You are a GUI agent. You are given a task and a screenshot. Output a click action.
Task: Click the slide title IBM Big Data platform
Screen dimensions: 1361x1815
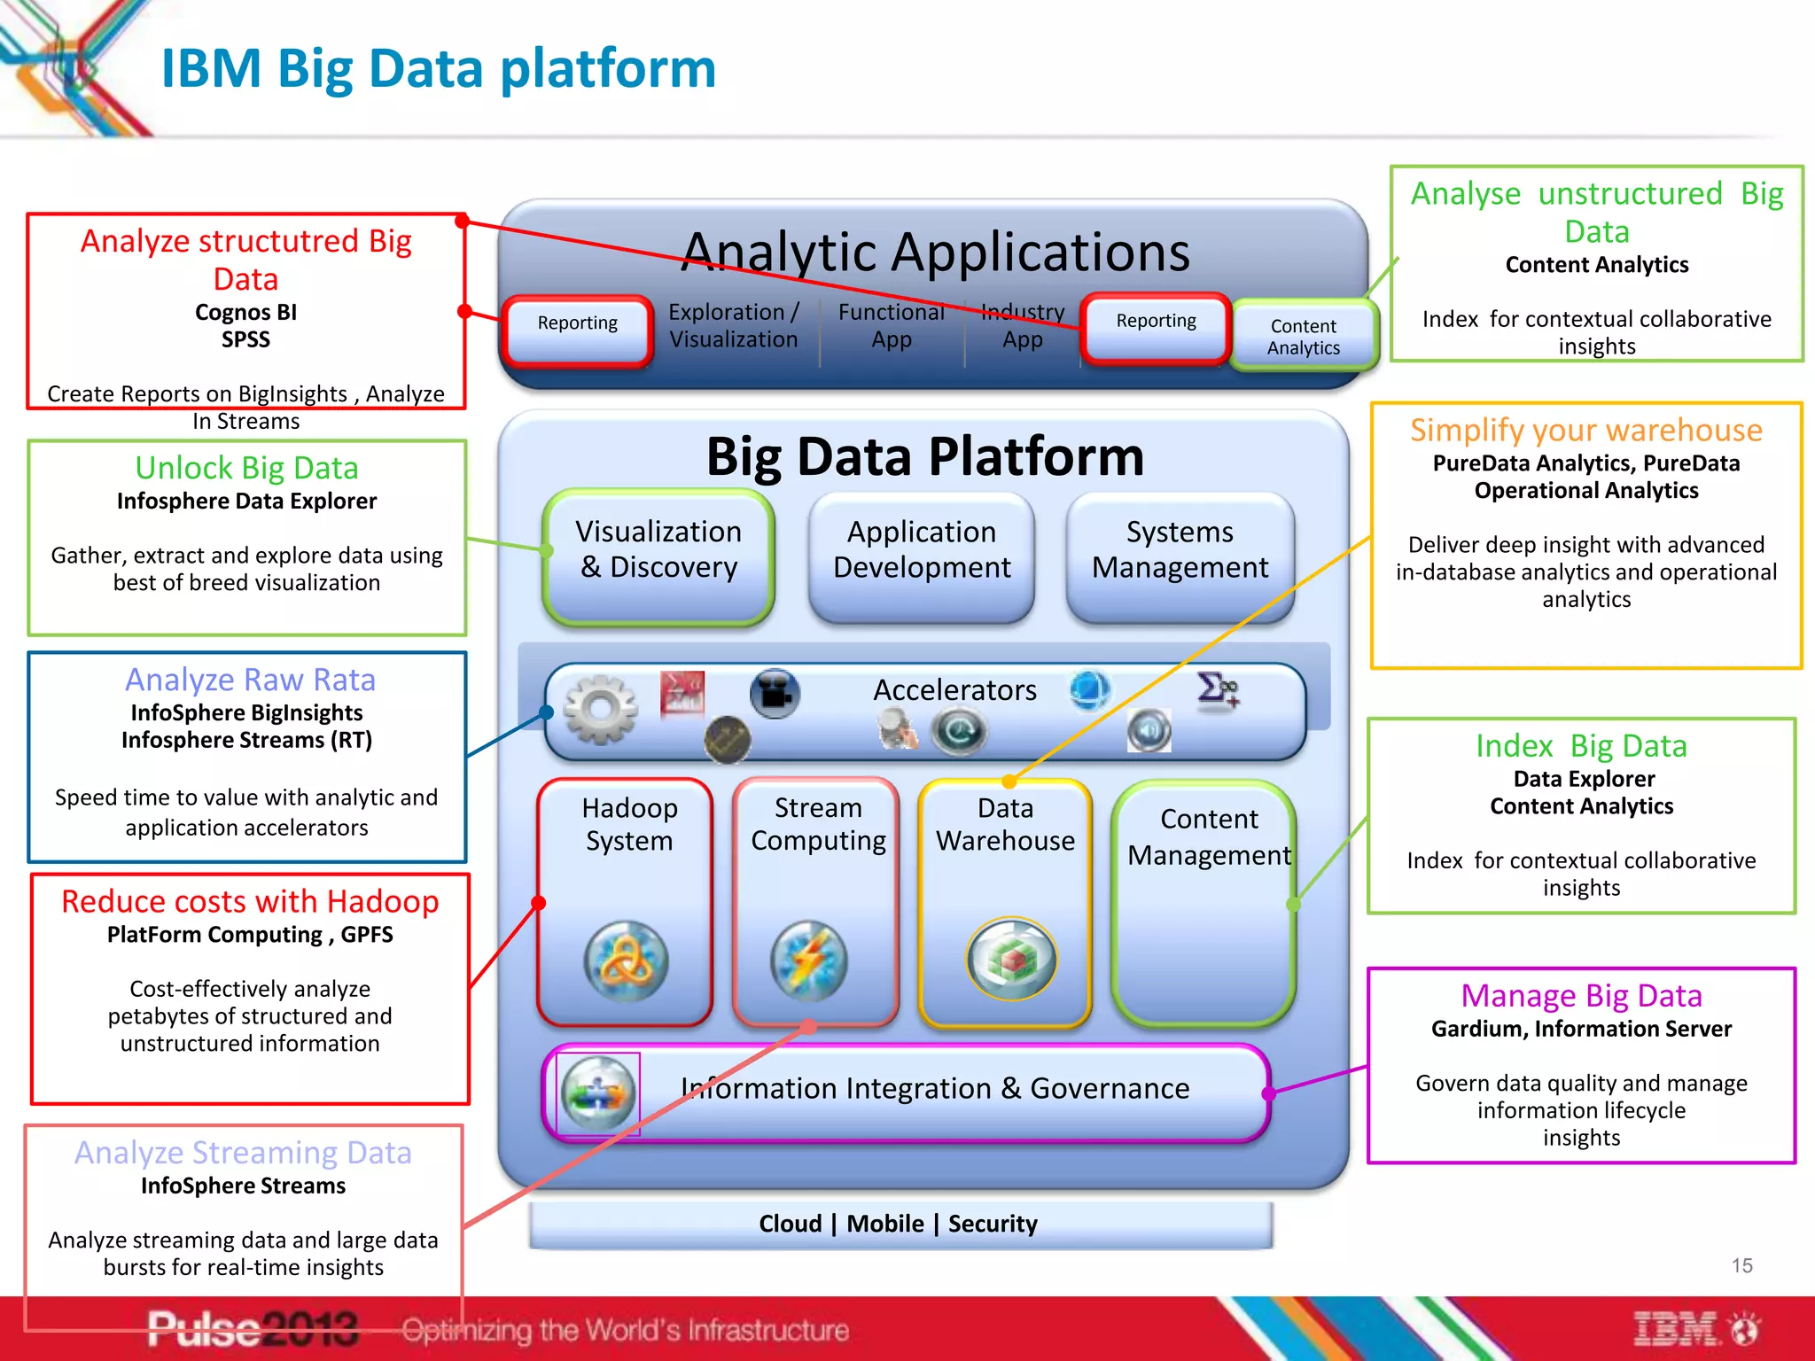438,69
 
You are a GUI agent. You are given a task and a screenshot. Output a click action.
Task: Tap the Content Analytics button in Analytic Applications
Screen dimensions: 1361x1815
1303,337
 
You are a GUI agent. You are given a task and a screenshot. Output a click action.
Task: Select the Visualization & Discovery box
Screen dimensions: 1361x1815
658,549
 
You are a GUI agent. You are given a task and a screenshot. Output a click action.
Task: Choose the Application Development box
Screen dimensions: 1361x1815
922,549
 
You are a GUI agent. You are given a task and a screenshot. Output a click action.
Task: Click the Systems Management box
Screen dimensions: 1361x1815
1180,549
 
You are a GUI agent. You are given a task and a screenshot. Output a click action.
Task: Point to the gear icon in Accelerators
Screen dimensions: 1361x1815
601,709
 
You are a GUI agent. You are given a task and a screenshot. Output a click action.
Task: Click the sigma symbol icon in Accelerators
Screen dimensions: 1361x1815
1216,689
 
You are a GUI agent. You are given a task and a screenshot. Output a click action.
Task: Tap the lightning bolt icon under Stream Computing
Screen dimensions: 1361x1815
808,961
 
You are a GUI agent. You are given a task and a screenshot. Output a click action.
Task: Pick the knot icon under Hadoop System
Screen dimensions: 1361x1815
627,961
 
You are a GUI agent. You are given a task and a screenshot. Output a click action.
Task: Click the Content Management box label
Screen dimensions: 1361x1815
1209,836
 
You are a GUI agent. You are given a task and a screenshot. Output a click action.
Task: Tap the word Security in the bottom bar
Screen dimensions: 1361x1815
993,1224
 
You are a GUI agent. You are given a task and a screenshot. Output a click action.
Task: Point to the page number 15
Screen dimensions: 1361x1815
1741,1265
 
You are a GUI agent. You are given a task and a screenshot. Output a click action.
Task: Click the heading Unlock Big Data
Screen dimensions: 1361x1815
246,468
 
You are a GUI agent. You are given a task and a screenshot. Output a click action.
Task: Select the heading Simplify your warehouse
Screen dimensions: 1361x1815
1585,430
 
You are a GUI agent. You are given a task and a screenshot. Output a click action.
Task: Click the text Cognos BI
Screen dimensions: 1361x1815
245,312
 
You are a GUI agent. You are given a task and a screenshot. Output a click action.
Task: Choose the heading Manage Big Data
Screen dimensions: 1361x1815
1581,996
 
